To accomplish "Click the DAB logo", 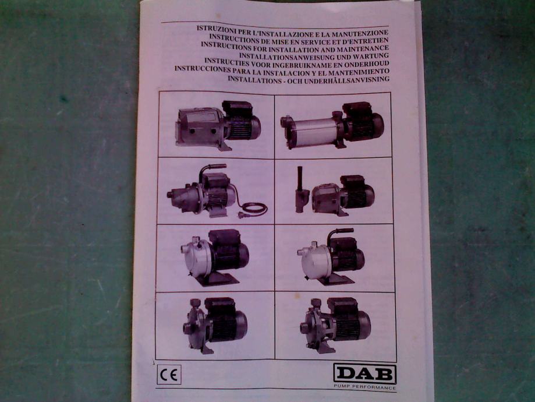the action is click(x=365, y=374).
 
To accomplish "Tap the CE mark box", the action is click(x=169, y=375).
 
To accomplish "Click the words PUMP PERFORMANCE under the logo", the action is click(x=365, y=387).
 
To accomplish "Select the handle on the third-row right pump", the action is click(x=336, y=234).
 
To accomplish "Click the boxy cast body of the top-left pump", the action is click(x=200, y=126).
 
